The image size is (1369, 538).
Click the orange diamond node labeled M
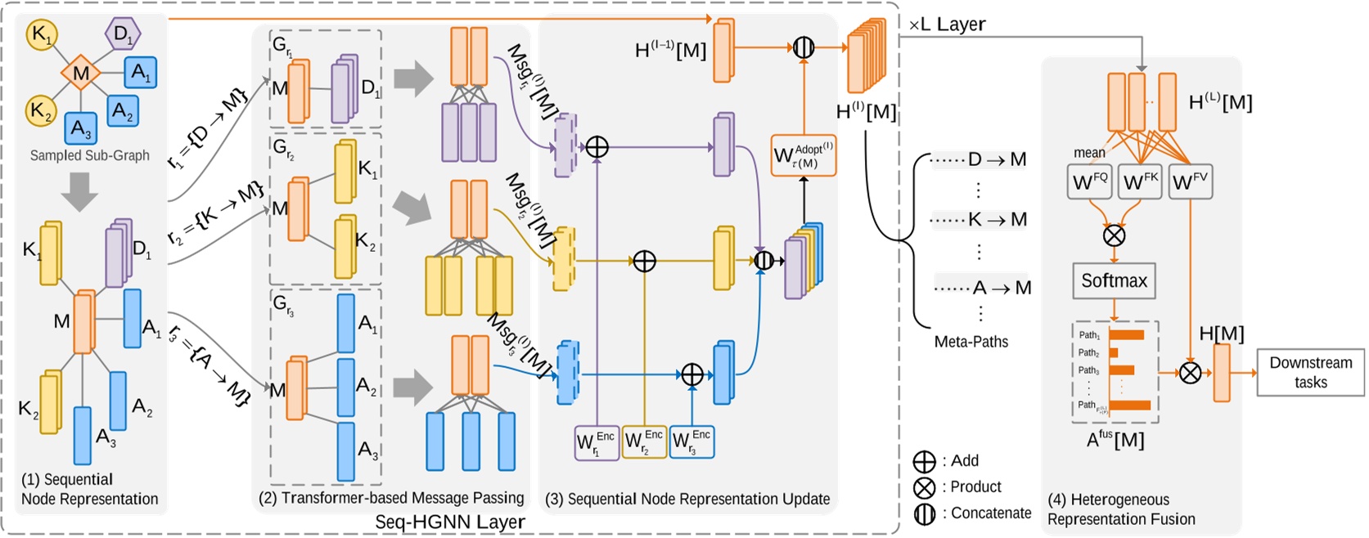click(x=80, y=74)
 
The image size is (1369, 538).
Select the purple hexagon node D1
click(x=123, y=34)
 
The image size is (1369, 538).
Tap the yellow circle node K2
click(x=40, y=110)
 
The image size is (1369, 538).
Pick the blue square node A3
click(x=80, y=128)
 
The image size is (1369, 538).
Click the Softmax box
click(x=1114, y=281)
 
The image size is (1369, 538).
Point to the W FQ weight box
click(x=1089, y=182)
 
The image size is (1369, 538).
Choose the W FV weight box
click(x=1190, y=182)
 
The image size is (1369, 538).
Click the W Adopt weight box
click(x=803, y=155)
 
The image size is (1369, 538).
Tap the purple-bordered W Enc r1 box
click(x=597, y=442)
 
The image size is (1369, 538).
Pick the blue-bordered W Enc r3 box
click(x=691, y=442)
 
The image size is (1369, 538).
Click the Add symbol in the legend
click(x=924, y=461)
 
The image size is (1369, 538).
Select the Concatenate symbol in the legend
click(x=924, y=514)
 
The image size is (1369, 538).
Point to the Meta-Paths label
click(x=970, y=342)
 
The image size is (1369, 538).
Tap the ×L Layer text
click(x=947, y=25)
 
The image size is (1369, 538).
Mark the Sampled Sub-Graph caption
click(x=89, y=155)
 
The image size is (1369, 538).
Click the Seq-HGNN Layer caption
click(x=449, y=522)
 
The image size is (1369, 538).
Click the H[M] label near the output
click(x=1221, y=334)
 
